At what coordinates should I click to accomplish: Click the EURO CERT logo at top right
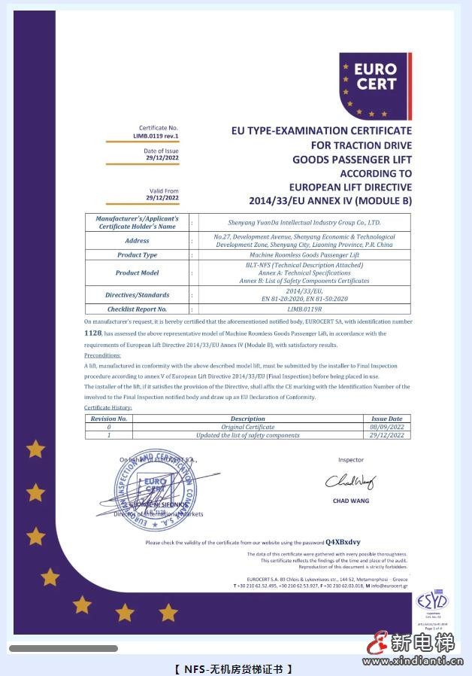[375, 85]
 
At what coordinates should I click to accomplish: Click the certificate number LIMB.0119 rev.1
[156, 136]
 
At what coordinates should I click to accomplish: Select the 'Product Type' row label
[138, 255]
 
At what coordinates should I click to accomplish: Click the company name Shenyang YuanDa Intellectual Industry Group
[304, 223]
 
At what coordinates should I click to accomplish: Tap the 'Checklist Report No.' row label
[138, 309]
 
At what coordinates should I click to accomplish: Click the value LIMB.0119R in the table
[304, 309]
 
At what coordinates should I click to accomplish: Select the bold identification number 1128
[92, 332]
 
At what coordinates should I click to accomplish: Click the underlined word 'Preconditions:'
[102, 355]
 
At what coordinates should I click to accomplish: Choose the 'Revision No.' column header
[109, 419]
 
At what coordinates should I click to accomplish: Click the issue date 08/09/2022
[387, 427]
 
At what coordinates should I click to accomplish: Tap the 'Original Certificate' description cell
[247, 427]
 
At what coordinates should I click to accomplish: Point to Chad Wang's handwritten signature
[349, 481]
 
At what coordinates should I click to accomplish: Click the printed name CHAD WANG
[350, 501]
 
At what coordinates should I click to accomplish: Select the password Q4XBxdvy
[343, 542]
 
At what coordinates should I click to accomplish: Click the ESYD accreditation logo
[432, 602]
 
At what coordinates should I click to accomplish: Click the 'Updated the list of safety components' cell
[247, 435]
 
